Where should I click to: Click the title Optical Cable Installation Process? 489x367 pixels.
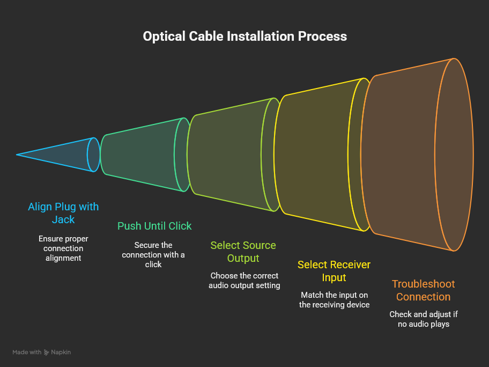coord(244,36)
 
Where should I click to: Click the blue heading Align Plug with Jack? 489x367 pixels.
coord(63,213)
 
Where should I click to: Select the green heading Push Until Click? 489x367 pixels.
coord(154,226)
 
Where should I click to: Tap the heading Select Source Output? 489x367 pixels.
coord(243,252)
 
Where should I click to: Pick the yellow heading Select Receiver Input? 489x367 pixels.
coord(334,271)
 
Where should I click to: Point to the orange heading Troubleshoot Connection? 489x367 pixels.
coord(423,290)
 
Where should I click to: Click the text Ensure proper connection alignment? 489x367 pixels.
coord(63,248)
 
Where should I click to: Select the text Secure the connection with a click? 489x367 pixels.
coord(153,254)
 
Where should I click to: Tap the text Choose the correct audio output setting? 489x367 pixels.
coord(244,281)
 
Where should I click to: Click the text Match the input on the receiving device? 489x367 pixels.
coord(335,300)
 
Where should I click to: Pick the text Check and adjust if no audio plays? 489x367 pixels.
coord(424,319)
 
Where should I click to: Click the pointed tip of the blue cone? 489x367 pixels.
coord(17,155)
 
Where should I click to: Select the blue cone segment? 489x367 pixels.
coord(70,155)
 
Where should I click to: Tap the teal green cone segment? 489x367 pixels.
coord(142,155)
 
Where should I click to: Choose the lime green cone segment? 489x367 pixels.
coord(231,155)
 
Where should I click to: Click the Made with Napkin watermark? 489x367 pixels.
coord(42,353)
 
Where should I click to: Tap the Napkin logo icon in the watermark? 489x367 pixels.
coord(47,353)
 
